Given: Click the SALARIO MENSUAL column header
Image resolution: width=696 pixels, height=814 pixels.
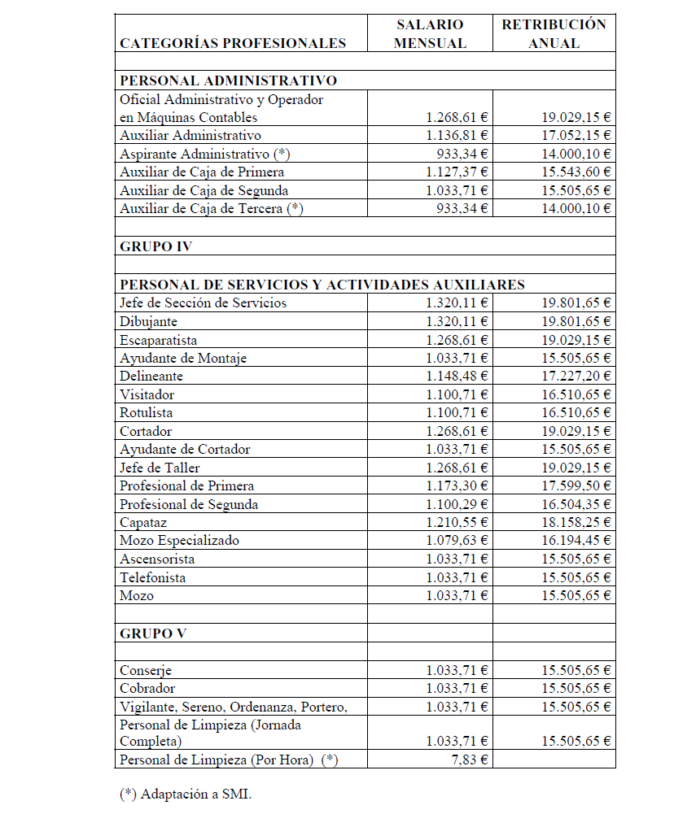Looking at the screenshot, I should pyautogui.click(x=430, y=34).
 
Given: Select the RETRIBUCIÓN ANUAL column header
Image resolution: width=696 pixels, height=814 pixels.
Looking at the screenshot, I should pyautogui.click(x=554, y=34).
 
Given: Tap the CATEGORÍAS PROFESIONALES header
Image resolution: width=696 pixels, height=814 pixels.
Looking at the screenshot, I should pyautogui.click(x=233, y=43).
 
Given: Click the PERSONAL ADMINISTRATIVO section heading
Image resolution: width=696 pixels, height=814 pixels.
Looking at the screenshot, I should pyautogui.click(x=228, y=81).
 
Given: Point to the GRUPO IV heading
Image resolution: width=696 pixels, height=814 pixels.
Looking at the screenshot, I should pyautogui.click(x=155, y=246).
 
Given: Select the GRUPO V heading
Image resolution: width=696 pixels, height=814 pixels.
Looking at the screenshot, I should pyautogui.click(x=151, y=633).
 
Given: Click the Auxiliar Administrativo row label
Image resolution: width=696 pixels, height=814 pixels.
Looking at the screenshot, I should pyautogui.click(x=190, y=136).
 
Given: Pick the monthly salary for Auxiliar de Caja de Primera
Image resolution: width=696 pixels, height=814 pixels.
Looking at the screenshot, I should pyautogui.click(x=457, y=172).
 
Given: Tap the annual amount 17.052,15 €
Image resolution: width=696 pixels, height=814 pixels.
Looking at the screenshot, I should pyautogui.click(x=577, y=136).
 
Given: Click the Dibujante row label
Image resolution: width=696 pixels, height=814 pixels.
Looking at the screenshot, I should pyautogui.click(x=148, y=322).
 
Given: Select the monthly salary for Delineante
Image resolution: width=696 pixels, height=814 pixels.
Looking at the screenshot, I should pyautogui.click(x=457, y=377).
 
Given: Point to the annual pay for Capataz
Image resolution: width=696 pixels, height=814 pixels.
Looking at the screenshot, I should pyautogui.click(x=577, y=522).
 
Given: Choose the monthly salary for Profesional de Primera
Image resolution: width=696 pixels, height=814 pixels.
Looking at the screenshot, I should pyautogui.click(x=457, y=486).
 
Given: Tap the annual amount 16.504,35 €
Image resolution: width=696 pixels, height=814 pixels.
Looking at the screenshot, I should pyautogui.click(x=577, y=504).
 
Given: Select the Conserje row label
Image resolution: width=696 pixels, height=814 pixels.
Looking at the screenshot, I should pyautogui.click(x=146, y=671).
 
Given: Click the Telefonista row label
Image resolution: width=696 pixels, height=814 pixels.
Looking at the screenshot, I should pyautogui.click(x=152, y=577).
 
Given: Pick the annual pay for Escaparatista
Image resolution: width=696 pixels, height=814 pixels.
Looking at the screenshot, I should pyautogui.click(x=577, y=340).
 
